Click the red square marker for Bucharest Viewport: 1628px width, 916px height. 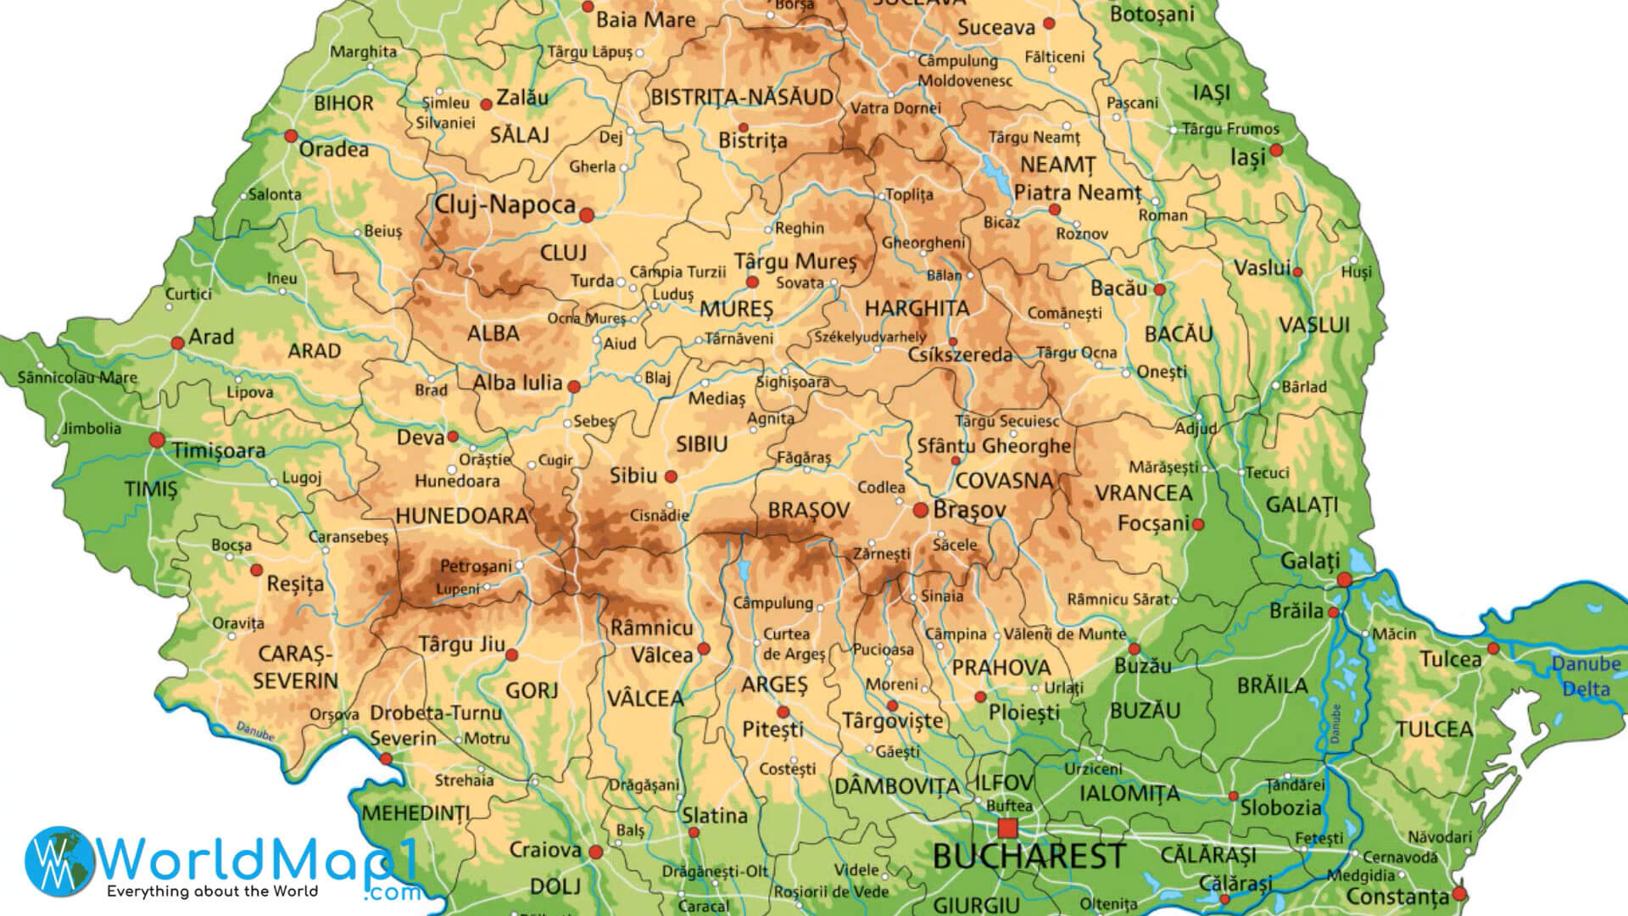tap(1007, 828)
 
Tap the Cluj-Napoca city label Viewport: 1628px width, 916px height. tap(505, 204)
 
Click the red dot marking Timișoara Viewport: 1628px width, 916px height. tap(157, 440)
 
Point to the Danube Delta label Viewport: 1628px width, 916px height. tap(1586, 676)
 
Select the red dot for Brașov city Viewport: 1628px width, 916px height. tap(920, 510)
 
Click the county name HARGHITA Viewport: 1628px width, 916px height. tap(917, 308)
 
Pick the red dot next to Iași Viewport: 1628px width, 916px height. tap(1275, 150)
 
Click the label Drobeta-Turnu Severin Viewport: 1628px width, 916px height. tap(435, 725)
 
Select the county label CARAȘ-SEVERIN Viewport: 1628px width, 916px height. tap(295, 667)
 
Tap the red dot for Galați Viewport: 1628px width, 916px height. tap(1344, 580)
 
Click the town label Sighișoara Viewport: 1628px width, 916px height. tap(793, 383)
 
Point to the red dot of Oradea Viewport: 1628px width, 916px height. tap(291, 136)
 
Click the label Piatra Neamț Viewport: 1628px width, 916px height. tap(1078, 193)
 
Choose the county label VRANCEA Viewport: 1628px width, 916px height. tap(1143, 493)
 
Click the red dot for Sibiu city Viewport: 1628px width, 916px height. tap(671, 477)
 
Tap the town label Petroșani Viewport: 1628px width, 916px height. tap(476, 566)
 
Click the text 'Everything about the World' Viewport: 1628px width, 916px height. tap(212, 891)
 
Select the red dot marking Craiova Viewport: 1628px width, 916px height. tap(595, 852)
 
